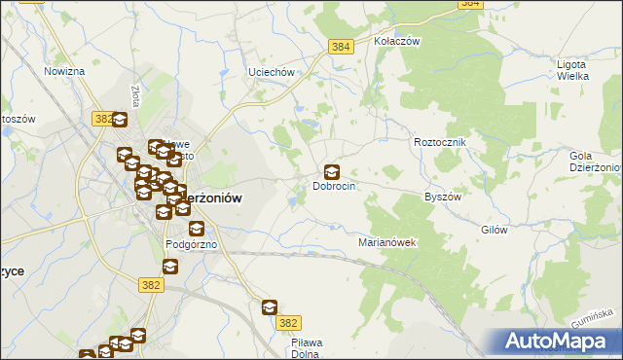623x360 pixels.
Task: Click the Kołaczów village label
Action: [x=396, y=42]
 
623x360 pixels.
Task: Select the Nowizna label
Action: [x=64, y=72]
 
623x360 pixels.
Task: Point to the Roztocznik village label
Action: [x=441, y=142]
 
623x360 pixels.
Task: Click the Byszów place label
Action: [x=442, y=197]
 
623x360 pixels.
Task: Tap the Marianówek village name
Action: [x=387, y=242]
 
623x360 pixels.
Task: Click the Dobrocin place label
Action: [x=333, y=186]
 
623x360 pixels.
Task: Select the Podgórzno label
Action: [x=191, y=244]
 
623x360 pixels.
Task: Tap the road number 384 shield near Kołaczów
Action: [x=340, y=47]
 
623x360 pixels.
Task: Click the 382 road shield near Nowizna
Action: [x=103, y=118]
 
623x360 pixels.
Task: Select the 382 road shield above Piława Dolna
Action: [x=287, y=323]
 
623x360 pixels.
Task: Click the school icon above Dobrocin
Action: [x=332, y=172]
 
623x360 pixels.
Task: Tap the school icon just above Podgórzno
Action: [x=197, y=230]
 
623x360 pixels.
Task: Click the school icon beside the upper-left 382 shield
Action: [x=120, y=121]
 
